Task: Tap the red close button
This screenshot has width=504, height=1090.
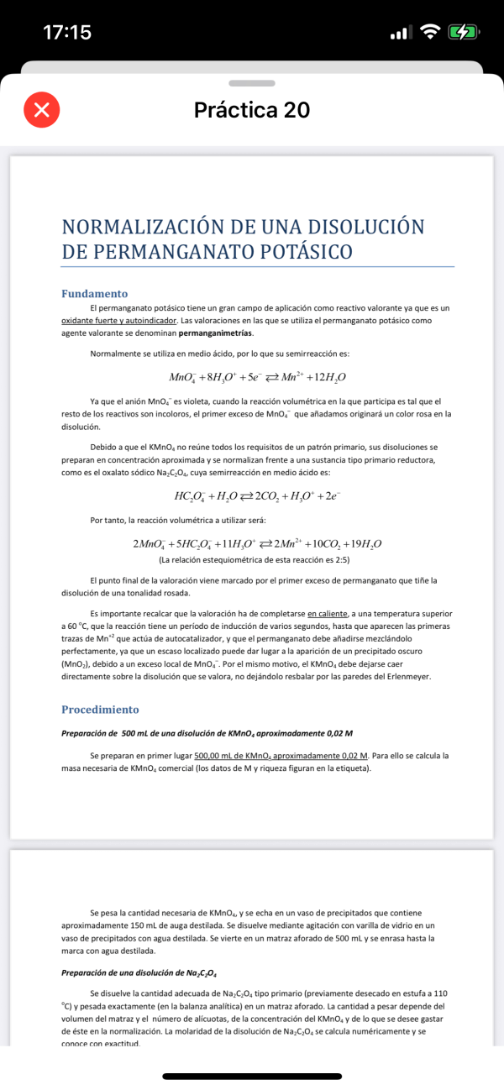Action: pos(42,110)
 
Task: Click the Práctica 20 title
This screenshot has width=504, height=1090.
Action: pos(252,110)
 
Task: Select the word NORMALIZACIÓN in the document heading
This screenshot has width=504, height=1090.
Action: pos(144,228)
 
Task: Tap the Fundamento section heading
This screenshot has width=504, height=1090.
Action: pos(95,293)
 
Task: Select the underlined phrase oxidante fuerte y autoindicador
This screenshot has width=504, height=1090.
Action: pos(119,321)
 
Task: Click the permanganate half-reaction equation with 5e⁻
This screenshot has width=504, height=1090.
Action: pos(257,377)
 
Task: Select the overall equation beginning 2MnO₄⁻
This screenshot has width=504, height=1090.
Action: pos(257,544)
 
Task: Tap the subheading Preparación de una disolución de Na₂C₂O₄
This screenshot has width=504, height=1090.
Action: pos(139,973)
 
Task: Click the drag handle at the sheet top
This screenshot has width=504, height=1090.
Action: pos(252,83)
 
